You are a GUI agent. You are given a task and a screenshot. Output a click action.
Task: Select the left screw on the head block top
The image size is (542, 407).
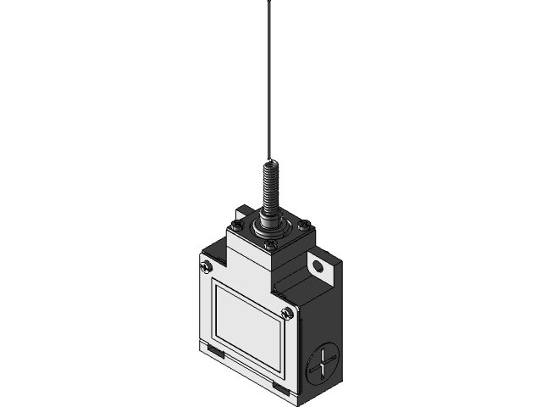pyautogui.click(x=235, y=226)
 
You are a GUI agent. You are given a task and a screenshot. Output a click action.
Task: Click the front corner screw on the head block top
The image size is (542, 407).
pyautogui.click(x=268, y=246)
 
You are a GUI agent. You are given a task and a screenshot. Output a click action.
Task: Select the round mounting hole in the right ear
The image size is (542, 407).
pyautogui.click(x=318, y=270)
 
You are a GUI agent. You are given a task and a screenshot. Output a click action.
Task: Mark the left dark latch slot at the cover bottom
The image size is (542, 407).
pyautogui.click(x=213, y=348)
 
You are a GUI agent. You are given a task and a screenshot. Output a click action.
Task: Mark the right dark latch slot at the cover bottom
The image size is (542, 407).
pyautogui.click(x=279, y=387)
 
